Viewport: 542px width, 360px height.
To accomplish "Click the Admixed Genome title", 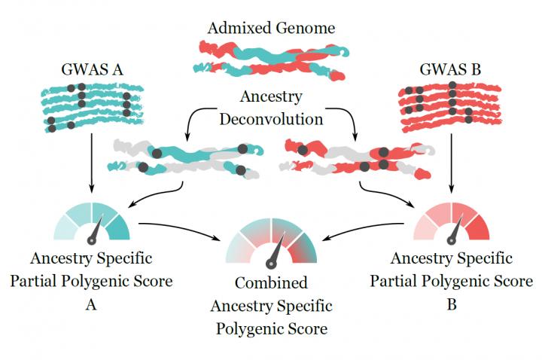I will [271, 29].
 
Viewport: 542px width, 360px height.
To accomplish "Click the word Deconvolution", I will [271, 119].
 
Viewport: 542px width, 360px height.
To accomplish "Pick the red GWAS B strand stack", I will [450, 106].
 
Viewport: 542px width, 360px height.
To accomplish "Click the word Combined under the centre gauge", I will [271, 284].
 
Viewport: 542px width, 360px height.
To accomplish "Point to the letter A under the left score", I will [91, 306].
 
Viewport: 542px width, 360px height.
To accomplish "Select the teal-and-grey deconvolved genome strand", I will [184, 157].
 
